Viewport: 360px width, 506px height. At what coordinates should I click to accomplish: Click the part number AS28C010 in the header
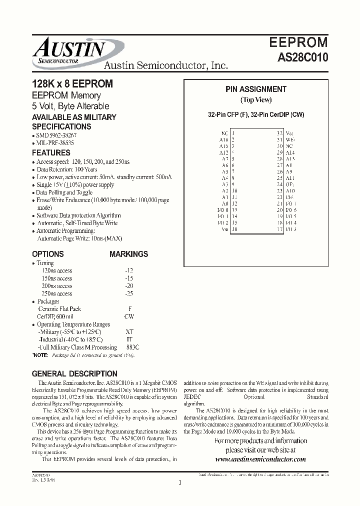303,57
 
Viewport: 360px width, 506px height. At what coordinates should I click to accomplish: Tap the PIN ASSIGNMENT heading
255,89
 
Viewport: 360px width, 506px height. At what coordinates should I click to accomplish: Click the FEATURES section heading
51,153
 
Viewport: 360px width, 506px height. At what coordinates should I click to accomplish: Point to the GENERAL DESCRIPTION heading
74,373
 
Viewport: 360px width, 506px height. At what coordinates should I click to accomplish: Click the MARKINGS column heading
128,254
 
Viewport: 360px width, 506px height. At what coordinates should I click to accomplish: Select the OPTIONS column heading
47,254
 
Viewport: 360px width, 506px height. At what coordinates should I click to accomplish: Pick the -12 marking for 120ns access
129,270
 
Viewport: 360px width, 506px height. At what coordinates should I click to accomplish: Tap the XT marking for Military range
129,332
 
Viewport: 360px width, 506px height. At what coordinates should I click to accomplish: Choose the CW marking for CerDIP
129,316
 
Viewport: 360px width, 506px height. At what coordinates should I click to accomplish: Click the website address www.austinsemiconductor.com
260,458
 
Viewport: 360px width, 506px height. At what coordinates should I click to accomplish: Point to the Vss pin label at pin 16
224,229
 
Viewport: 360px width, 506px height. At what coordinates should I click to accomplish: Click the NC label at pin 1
224,133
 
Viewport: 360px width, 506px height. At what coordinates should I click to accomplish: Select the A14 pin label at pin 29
289,152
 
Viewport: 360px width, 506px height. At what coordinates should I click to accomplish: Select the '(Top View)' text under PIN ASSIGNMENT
255,100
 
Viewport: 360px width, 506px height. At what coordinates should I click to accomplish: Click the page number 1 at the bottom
179,482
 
